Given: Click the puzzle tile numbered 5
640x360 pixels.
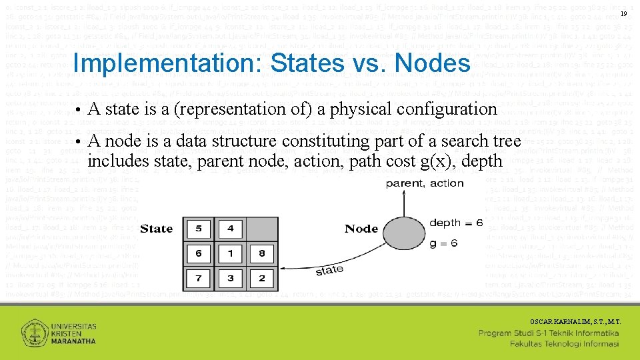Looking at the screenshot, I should [199, 229].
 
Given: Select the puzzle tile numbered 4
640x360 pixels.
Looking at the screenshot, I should [231, 229].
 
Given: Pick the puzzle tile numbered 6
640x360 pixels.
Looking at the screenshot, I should [199, 253].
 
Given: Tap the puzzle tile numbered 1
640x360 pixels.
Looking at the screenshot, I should [231, 253].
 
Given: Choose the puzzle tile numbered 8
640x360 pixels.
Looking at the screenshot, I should [262, 253].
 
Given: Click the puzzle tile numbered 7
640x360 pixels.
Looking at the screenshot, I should [199, 277].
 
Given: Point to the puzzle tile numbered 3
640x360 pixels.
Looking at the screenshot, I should [231, 277].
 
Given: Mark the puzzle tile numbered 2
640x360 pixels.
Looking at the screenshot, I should [262, 277].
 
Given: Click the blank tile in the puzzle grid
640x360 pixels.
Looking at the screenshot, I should [262, 229].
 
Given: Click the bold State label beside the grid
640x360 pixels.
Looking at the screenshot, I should [157, 229].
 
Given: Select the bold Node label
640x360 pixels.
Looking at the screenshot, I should [361, 229].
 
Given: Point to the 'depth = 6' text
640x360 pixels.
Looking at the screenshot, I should [456, 223].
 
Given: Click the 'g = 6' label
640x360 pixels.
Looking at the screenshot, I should [444, 243].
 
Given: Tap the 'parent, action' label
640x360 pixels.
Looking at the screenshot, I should [425, 183].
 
